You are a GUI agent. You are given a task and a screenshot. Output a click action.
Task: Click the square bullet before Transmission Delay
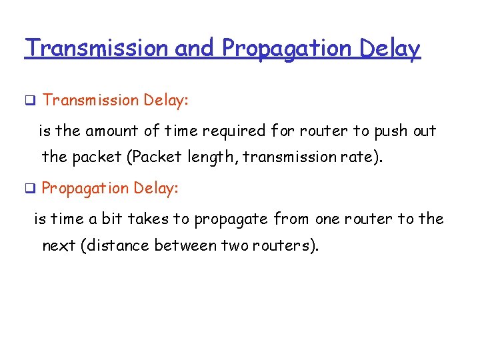tap(29, 101)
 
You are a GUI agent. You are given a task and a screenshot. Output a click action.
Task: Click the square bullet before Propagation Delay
tap(29, 189)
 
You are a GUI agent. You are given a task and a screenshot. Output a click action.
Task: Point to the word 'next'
tap(58, 246)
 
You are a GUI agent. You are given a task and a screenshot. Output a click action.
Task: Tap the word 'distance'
tap(117, 246)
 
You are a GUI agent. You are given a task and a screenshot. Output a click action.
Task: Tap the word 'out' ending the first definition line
tap(424, 131)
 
